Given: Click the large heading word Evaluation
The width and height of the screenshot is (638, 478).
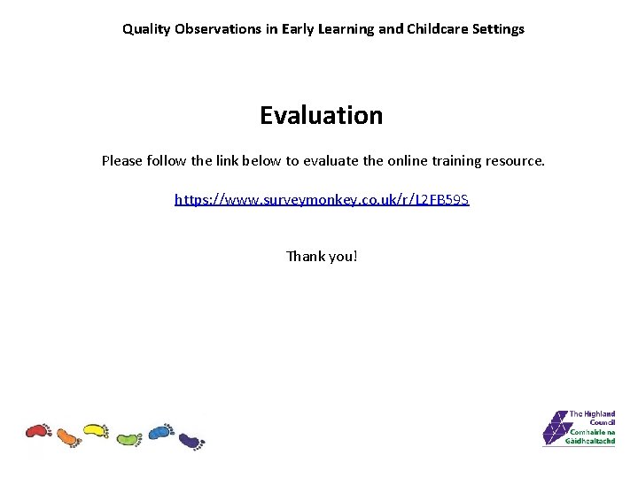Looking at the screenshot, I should [322, 115].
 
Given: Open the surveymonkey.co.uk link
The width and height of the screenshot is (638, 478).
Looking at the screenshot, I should [322, 200].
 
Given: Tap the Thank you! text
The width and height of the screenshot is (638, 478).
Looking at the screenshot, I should [322, 256].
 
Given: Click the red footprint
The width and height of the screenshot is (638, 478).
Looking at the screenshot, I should [38, 431].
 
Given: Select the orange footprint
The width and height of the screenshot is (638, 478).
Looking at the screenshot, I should [68, 436].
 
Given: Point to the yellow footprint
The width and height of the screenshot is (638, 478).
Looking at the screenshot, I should [96, 431].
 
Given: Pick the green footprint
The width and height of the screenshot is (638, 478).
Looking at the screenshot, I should [129, 437].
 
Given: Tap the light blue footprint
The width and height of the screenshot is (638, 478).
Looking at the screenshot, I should [160, 431].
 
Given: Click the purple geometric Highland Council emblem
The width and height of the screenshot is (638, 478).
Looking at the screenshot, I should [555, 428].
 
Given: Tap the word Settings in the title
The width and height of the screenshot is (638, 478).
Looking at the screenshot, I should [498, 29].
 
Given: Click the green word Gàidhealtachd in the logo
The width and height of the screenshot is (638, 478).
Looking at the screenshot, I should [592, 440].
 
